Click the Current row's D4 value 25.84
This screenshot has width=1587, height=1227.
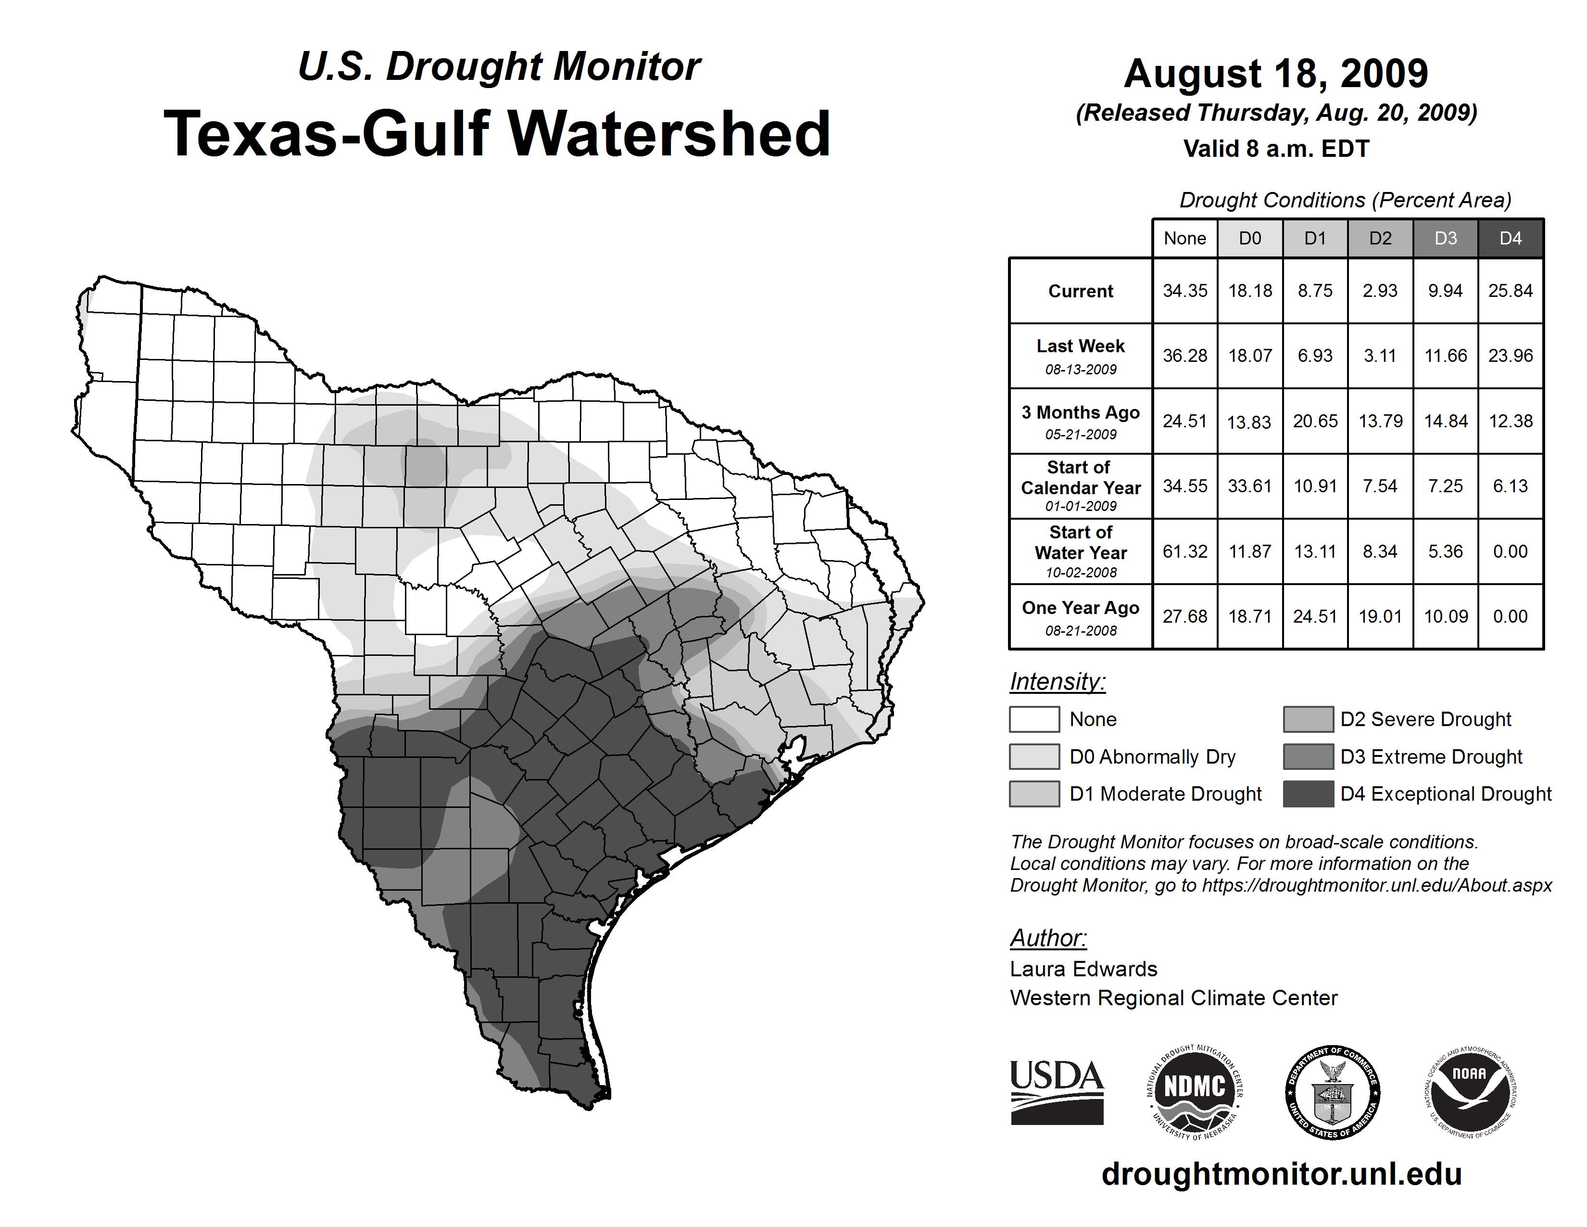pos(1510,291)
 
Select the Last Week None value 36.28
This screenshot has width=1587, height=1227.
pos(1184,356)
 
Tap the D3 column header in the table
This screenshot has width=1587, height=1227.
pos(1445,238)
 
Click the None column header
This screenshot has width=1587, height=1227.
pos(1184,238)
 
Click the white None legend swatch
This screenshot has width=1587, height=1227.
pos(1034,719)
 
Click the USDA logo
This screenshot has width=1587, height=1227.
pos(1057,1092)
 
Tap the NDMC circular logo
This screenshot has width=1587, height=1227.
pos(1195,1092)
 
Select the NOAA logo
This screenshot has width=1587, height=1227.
pos(1469,1092)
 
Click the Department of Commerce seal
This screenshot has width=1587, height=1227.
pos(1332,1092)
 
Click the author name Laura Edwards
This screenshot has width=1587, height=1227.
pos(1083,969)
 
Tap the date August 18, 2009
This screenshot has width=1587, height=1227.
pos(1276,74)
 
